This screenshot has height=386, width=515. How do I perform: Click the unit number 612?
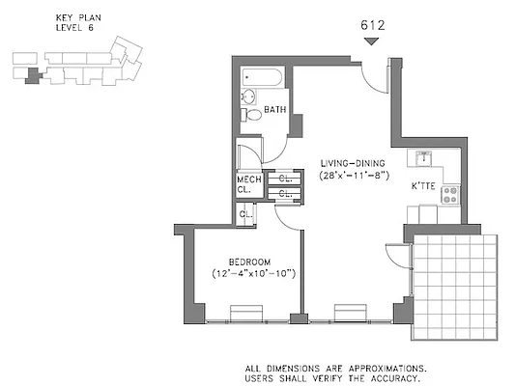372,26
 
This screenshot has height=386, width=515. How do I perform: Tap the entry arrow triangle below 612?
372,41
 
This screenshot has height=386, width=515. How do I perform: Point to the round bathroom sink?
247,96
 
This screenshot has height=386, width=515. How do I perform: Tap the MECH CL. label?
247,184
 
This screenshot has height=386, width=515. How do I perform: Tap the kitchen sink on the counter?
424,157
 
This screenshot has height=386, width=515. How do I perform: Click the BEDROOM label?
249,262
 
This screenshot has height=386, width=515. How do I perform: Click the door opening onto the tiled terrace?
396,256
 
